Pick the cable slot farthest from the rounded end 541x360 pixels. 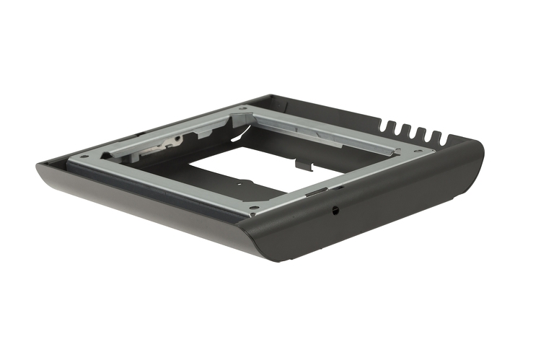click(383, 127)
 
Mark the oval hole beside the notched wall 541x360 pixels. click(415, 149)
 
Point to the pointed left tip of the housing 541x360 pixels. click(38, 167)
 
